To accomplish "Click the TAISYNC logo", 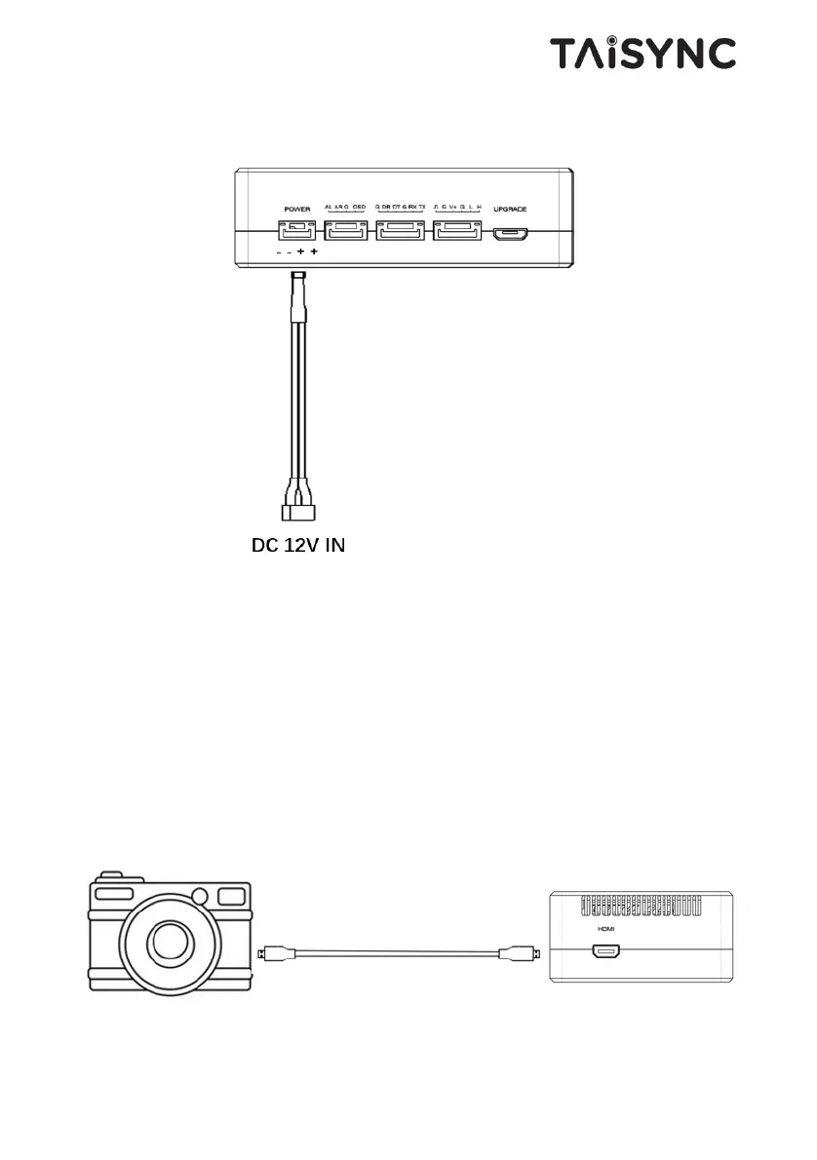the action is (642, 53).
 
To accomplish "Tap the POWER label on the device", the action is (296, 209).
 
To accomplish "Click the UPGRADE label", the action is (510, 209).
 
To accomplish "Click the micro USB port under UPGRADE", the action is (510, 233).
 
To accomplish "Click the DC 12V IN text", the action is (298, 546).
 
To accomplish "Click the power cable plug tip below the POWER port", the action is (298, 283).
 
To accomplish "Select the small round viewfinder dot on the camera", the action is (200, 896).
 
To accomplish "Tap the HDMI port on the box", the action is (605, 951).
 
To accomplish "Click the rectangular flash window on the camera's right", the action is (231, 895).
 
